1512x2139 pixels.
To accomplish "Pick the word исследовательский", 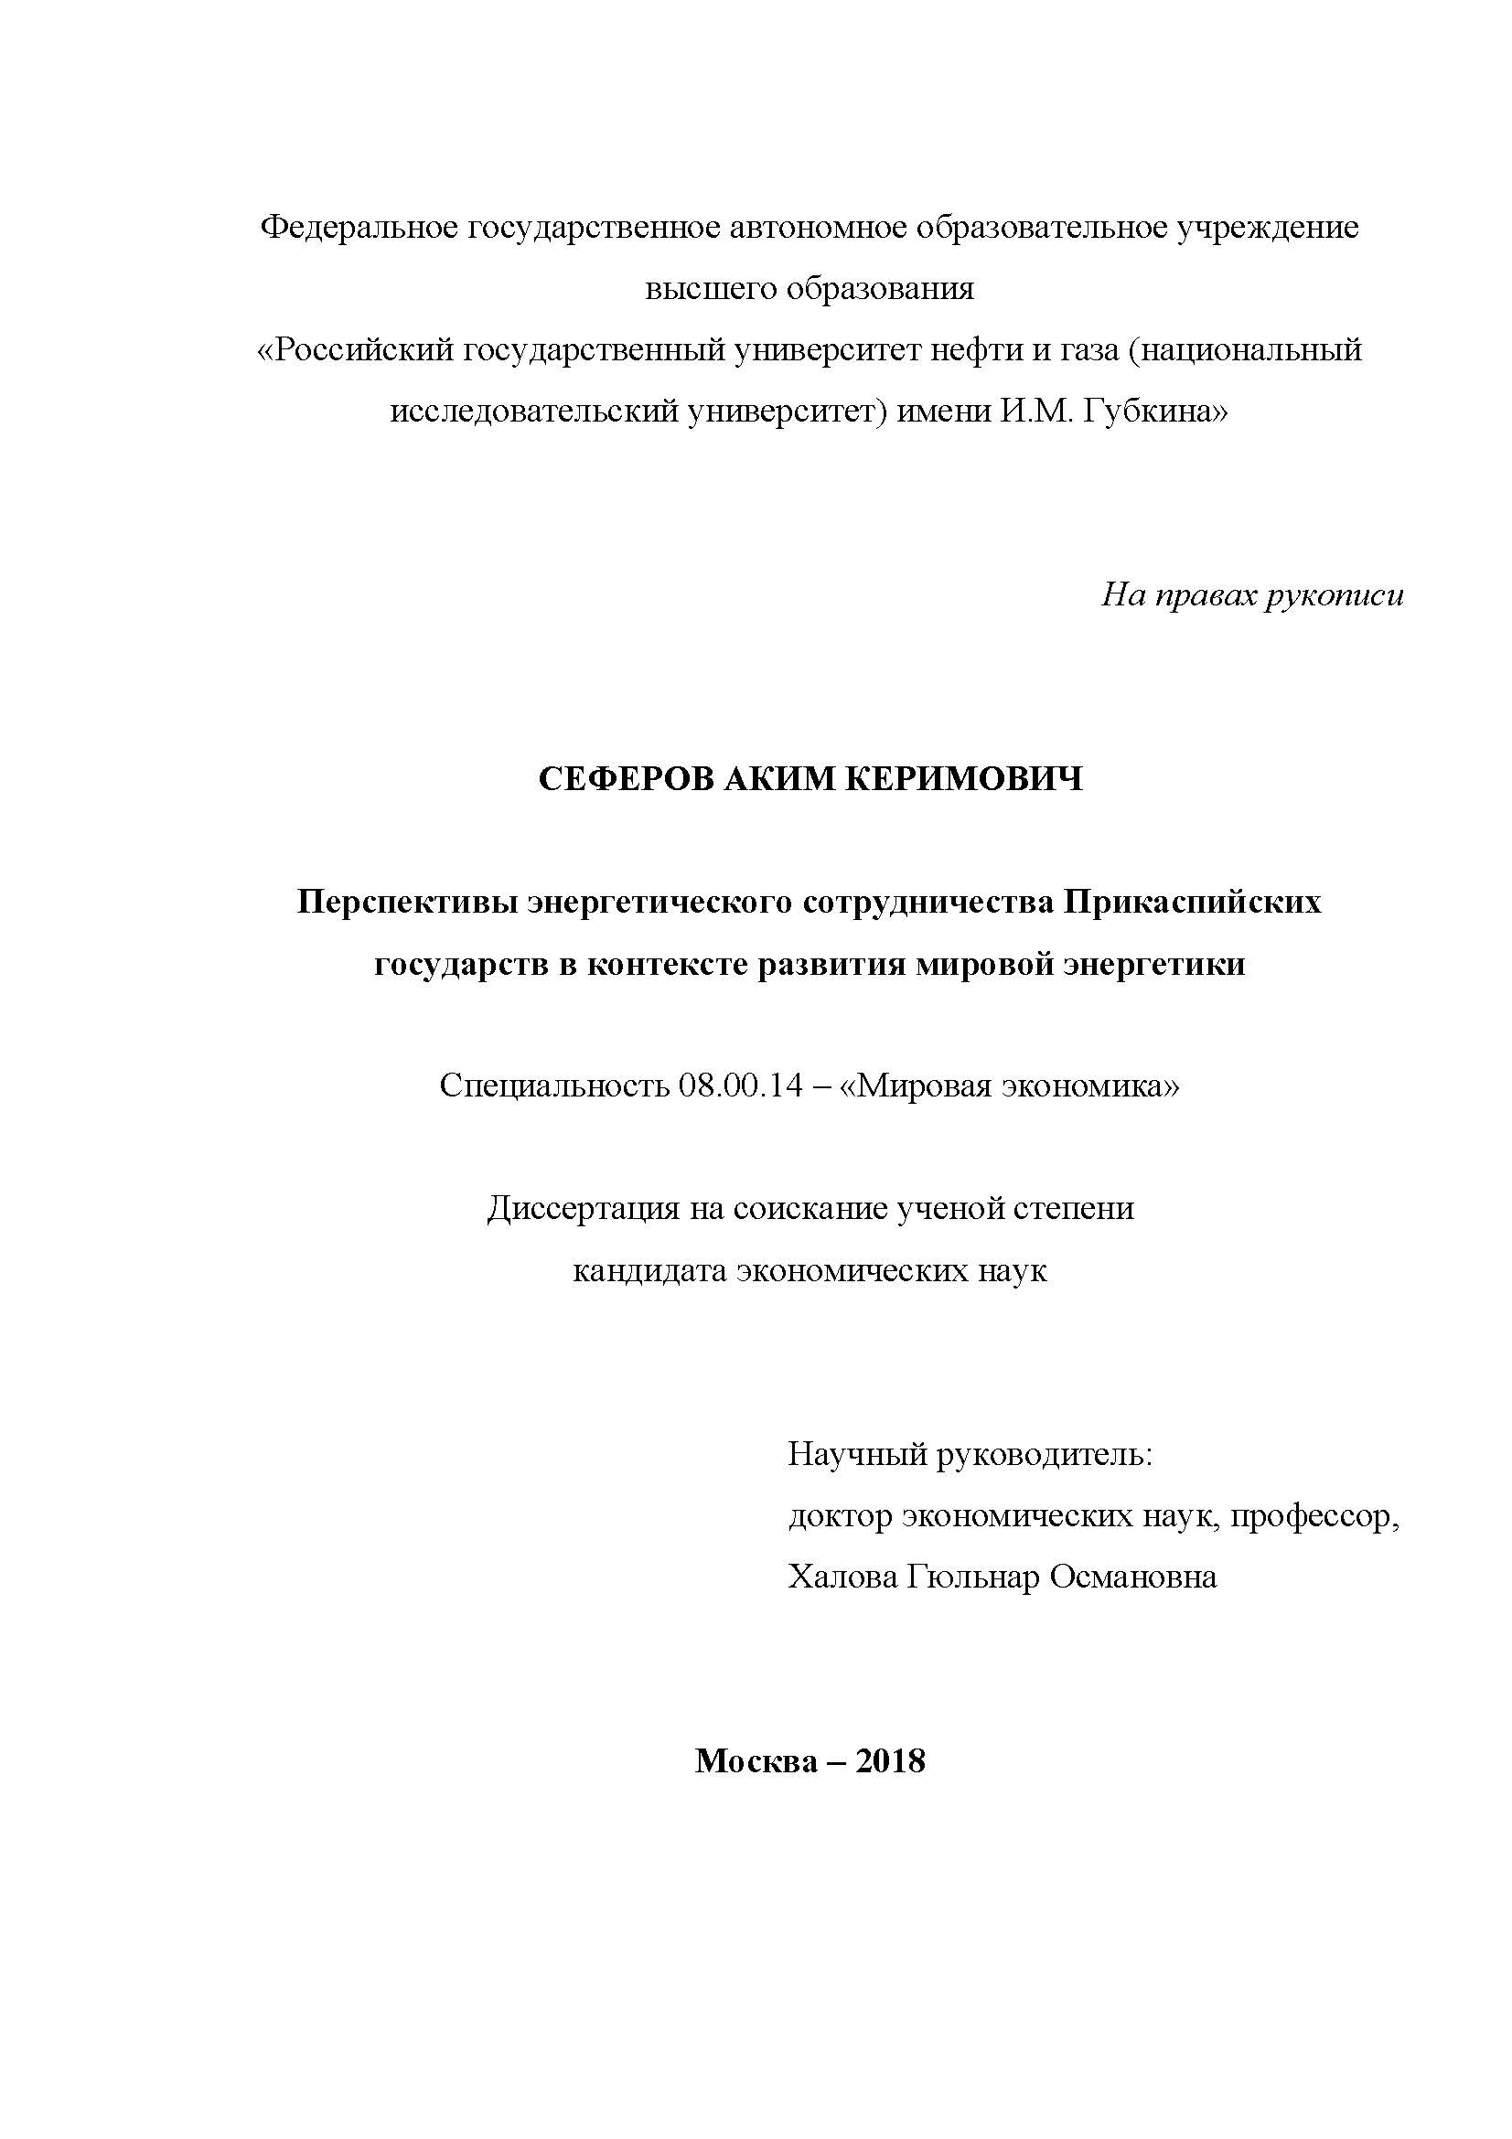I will click(533, 412).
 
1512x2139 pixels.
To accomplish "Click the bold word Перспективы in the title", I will click(408, 902).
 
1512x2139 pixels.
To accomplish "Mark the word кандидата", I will click(649, 1271).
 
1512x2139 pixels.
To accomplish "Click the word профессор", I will click(1314, 1516).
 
